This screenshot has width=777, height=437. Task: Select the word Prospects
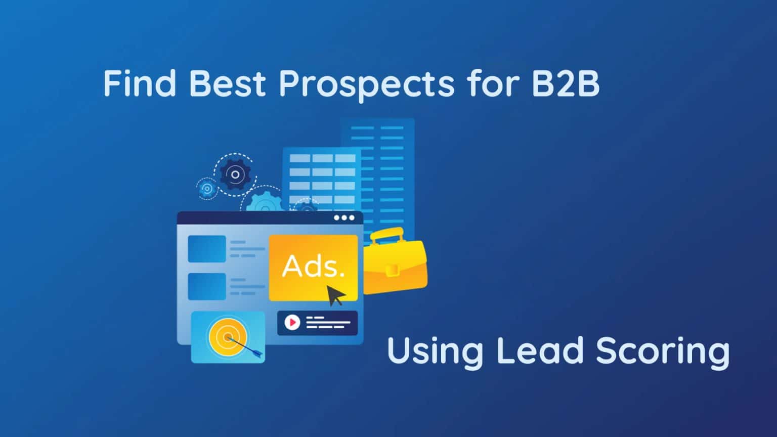pyautogui.click(x=367, y=84)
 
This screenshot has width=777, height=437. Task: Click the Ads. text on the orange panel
pyautogui.click(x=313, y=266)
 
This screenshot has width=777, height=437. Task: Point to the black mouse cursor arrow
pyautogui.click(x=335, y=295)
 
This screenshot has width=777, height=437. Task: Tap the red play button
pyautogui.click(x=292, y=322)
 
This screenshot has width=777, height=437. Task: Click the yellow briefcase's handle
pyautogui.click(x=386, y=235)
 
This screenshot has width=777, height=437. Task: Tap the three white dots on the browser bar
pyautogui.click(x=344, y=218)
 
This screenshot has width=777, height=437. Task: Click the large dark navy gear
pyautogui.click(x=235, y=175)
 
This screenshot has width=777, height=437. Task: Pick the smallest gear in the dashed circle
pyautogui.click(x=206, y=189)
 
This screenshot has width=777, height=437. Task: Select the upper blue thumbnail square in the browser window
pyautogui.click(x=207, y=249)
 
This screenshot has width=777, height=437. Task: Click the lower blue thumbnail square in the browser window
pyautogui.click(x=207, y=287)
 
